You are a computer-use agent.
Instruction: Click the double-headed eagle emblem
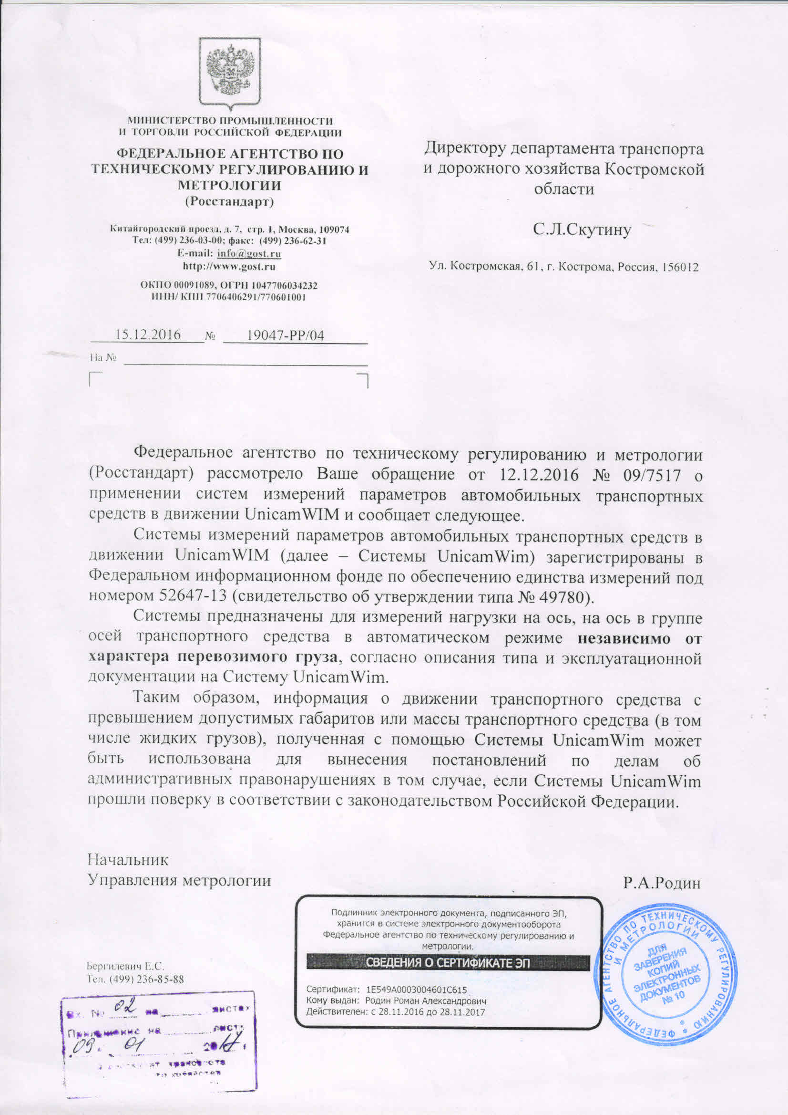pyautogui.click(x=230, y=71)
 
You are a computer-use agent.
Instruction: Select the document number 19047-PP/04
pyautogui.click(x=285, y=335)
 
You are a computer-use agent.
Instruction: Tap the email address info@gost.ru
pyautogui.click(x=249, y=254)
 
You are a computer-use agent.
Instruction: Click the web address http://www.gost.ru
pyautogui.click(x=229, y=267)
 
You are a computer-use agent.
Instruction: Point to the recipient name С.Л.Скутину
pyautogui.click(x=582, y=229)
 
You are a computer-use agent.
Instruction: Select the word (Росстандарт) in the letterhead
pyautogui.click(x=229, y=201)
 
